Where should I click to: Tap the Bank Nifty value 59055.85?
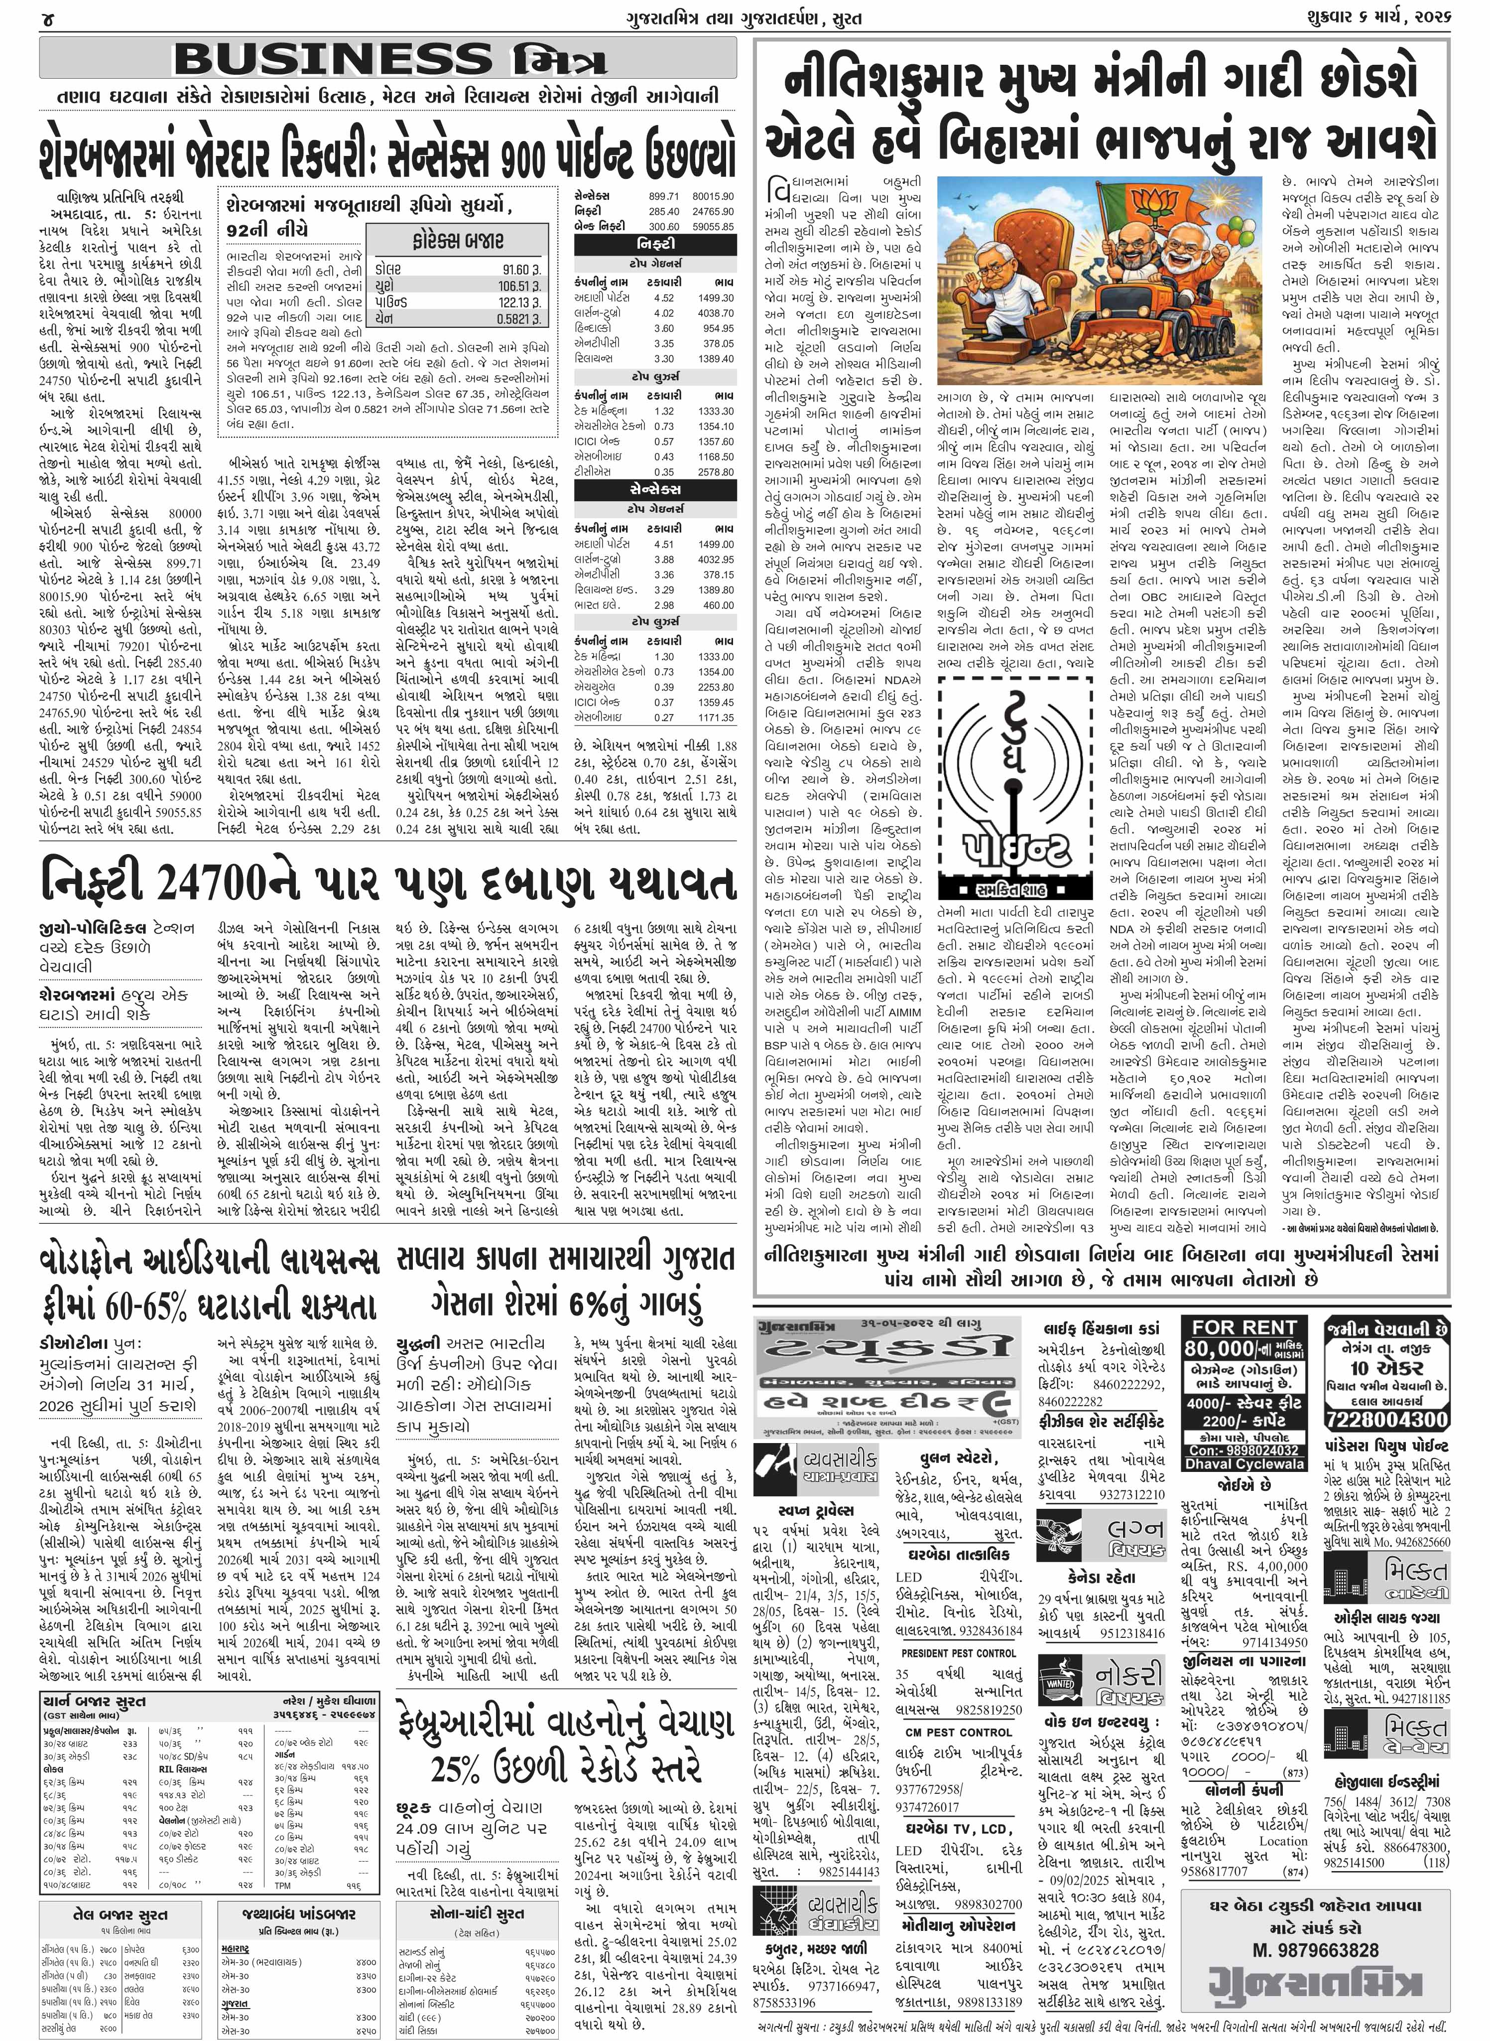(x=713, y=227)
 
